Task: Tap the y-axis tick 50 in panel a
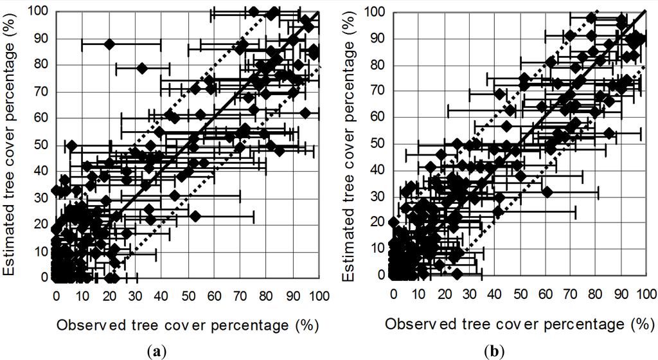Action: (41, 145)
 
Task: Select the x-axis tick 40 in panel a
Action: (161, 296)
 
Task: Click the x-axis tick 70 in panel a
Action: (240, 296)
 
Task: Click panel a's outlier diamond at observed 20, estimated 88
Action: (109, 44)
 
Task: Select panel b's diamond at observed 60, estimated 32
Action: (547, 192)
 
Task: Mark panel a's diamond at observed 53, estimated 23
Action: (195, 216)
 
